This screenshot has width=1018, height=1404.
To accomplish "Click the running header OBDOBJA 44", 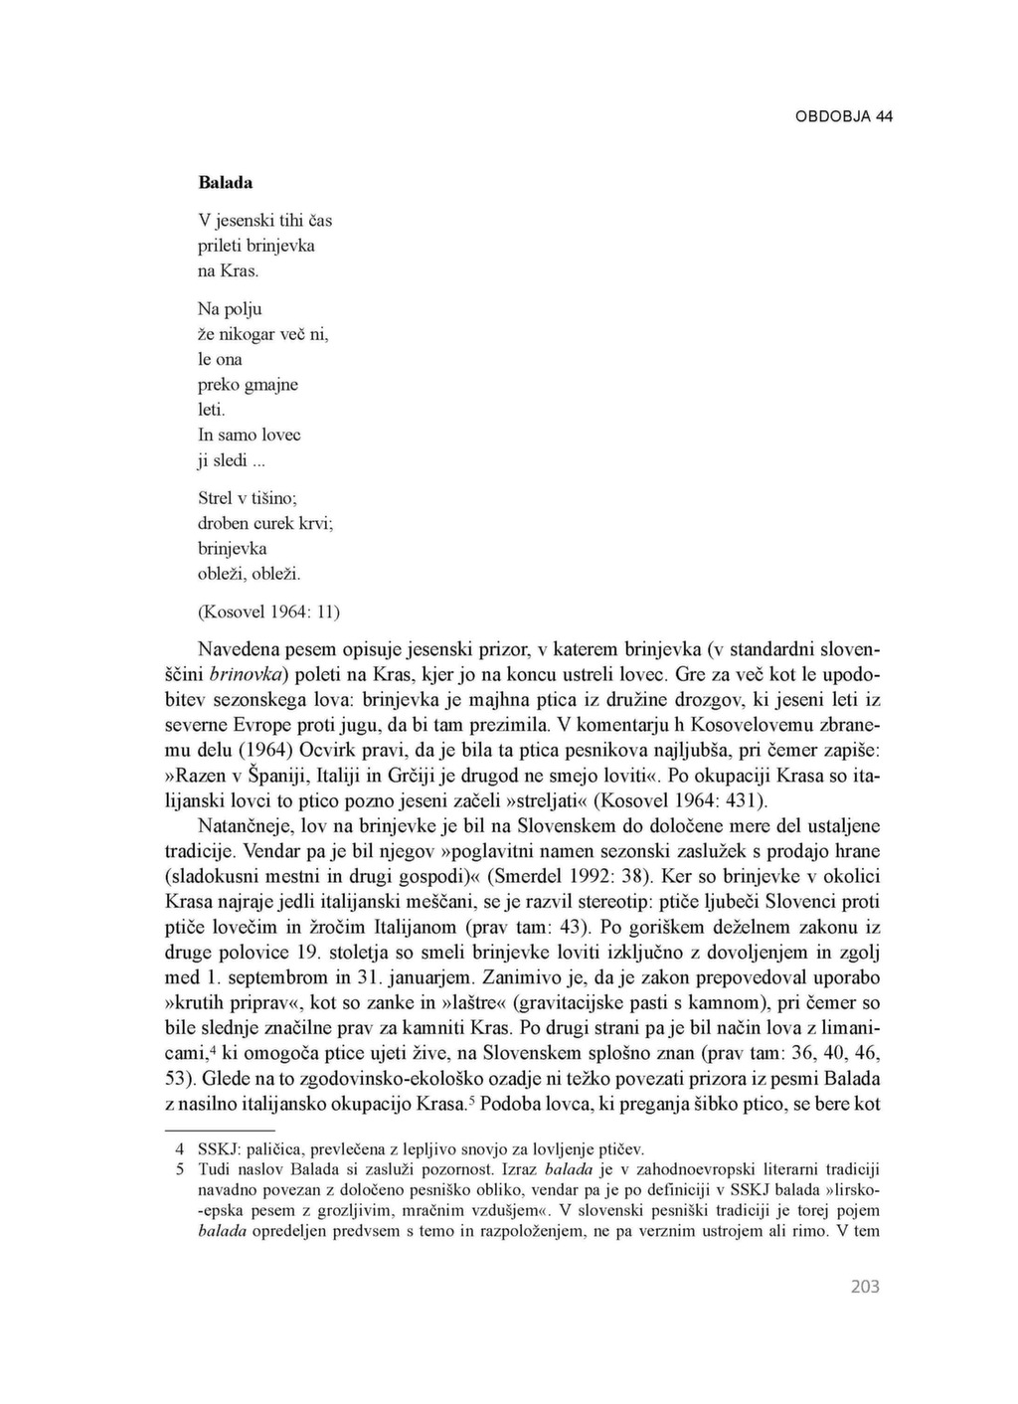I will [x=843, y=116].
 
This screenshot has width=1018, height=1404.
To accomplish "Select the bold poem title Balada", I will [x=226, y=183].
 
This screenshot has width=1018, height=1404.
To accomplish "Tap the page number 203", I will [x=865, y=1287].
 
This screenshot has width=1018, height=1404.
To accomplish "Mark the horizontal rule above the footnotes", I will [x=219, y=1131].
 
